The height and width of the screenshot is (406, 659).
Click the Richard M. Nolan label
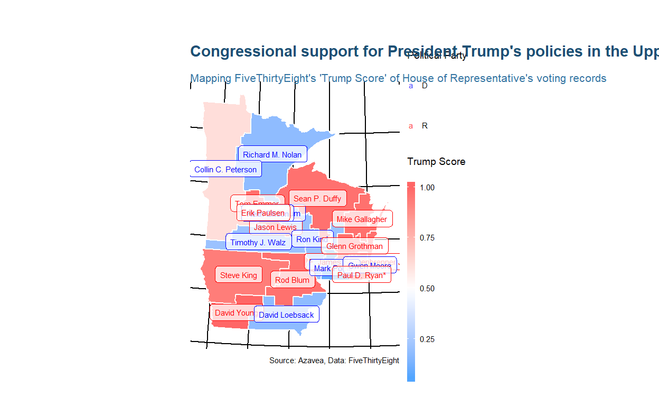coord(272,155)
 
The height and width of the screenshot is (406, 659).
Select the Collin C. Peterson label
coord(225,170)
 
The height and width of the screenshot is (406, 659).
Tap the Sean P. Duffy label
coord(317,199)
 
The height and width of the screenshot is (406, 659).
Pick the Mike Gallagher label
coord(362,219)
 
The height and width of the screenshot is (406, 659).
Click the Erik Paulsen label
coord(262,213)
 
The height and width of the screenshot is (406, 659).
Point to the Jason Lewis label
coord(275,228)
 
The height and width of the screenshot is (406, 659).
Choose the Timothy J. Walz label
coord(258,243)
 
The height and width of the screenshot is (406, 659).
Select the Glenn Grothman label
coord(355,246)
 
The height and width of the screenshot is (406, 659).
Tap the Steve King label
coord(239,275)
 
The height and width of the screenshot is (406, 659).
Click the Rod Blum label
coord(293,280)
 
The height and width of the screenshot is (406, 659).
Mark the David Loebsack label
coord(286,315)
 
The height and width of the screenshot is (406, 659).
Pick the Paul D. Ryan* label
coord(362,275)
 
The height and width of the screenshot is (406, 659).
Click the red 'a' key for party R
coord(411,126)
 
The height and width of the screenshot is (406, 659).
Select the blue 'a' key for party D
coord(411,86)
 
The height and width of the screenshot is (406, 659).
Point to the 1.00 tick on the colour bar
coord(428,187)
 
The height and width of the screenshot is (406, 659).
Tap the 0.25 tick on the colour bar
coord(428,339)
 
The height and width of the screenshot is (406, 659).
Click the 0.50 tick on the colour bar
coord(428,289)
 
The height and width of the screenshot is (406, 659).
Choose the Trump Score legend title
coord(436,162)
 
